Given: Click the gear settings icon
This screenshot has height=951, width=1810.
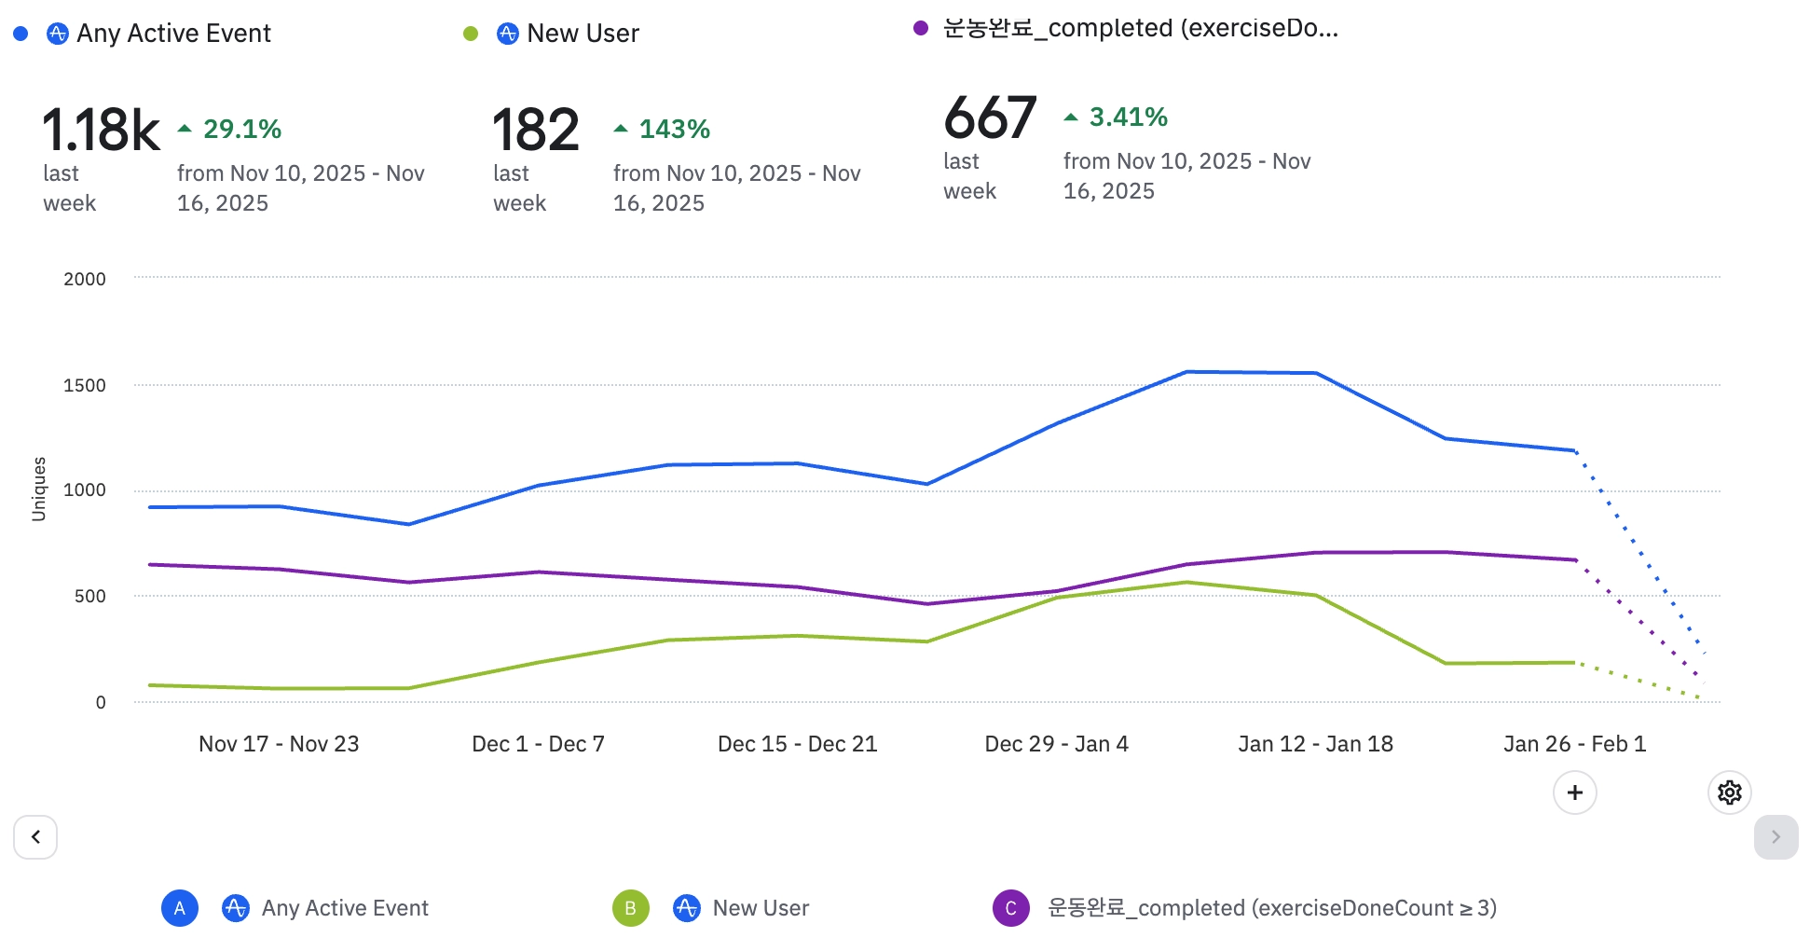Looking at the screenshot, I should pyautogui.click(x=1729, y=792).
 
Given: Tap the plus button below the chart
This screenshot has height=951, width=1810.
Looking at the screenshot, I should pyautogui.click(x=1574, y=792).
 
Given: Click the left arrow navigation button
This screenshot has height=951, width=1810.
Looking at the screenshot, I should pyautogui.click(x=35, y=836).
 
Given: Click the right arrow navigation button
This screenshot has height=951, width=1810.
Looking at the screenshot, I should pyautogui.click(x=1776, y=836).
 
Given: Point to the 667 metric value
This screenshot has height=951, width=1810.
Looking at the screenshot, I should pyautogui.click(x=989, y=117).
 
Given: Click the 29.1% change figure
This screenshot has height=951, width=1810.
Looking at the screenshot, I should pyautogui.click(x=241, y=129).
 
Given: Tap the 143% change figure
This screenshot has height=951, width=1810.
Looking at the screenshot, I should pyautogui.click(x=674, y=129).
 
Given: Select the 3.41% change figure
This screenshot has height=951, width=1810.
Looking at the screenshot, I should pyautogui.click(x=1128, y=117).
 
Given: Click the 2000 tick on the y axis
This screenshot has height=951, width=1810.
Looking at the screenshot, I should pyautogui.click(x=85, y=279).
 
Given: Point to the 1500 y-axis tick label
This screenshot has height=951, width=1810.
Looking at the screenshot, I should pyautogui.click(x=85, y=385).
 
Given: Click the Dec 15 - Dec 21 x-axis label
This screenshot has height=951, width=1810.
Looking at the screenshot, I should pyautogui.click(x=797, y=743).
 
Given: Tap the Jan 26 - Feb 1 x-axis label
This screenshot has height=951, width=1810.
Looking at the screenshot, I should pyautogui.click(x=1574, y=743).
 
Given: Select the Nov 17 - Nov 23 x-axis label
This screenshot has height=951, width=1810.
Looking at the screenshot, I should pyautogui.click(x=279, y=743).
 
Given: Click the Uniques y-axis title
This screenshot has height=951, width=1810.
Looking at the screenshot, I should pyautogui.click(x=39, y=489).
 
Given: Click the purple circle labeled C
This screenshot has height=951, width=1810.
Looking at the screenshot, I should pyautogui.click(x=1010, y=907).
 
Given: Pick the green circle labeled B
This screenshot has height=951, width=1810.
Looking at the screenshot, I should pyautogui.click(x=630, y=907).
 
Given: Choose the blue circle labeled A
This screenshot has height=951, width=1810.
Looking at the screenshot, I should pyautogui.click(x=180, y=907).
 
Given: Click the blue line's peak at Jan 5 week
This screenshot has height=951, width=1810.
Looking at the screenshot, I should pyautogui.click(x=1186, y=372).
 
